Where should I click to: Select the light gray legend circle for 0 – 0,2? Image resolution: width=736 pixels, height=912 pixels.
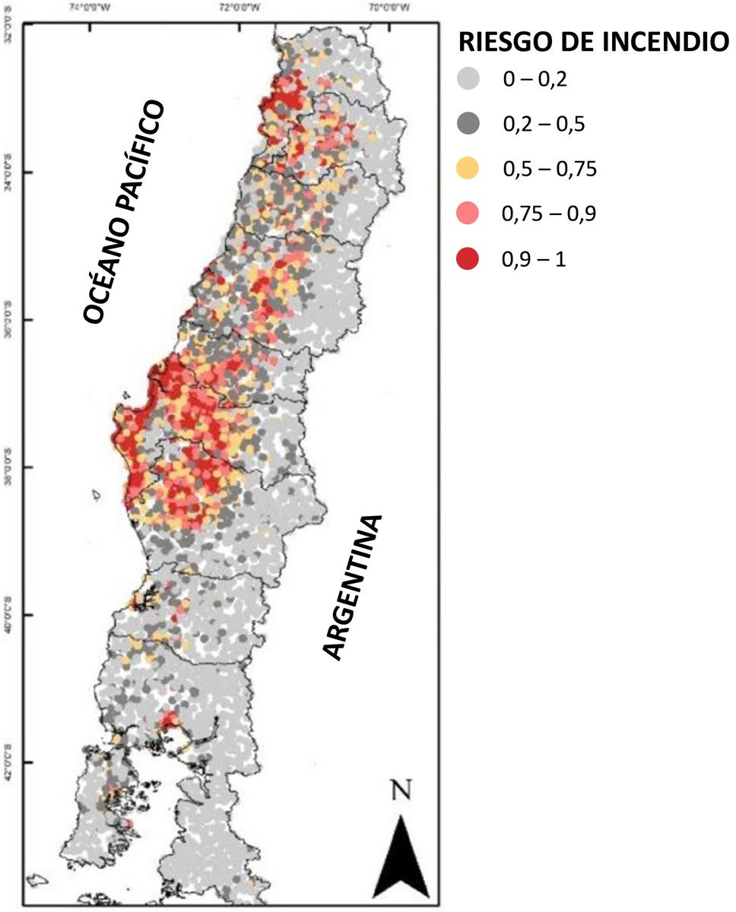coord(471,78)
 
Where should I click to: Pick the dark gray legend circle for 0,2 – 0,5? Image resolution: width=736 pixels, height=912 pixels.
coord(471,123)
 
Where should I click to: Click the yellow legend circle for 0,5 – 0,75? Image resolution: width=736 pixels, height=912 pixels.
coord(471,169)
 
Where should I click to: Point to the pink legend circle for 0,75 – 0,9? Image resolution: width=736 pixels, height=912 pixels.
coord(471,214)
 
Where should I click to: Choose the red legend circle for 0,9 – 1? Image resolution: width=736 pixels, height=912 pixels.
coord(471,259)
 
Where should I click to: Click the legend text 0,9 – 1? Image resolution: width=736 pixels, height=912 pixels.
coord(533,259)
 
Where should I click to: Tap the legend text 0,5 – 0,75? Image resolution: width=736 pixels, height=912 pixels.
coord(549,169)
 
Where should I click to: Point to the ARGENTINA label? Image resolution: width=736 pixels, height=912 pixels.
coord(351,587)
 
